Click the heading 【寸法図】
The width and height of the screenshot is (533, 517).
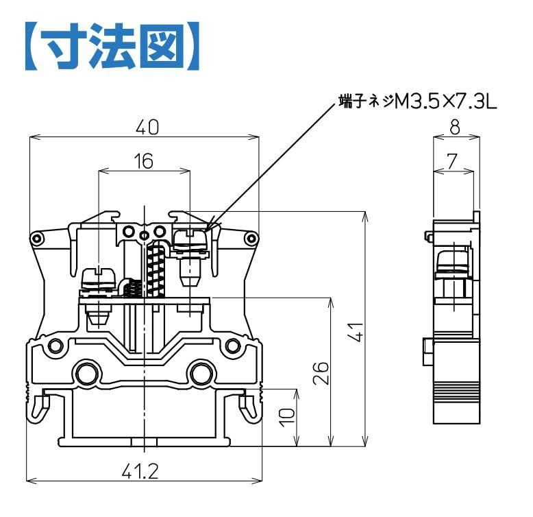(112, 47)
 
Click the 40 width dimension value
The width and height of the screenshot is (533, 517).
(145, 128)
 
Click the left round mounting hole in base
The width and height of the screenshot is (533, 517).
(87, 374)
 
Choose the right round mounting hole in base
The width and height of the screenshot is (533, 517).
(200, 374)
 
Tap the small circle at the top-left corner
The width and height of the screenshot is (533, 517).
(36, 239)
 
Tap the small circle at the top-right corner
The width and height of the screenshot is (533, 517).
(251, 239)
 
